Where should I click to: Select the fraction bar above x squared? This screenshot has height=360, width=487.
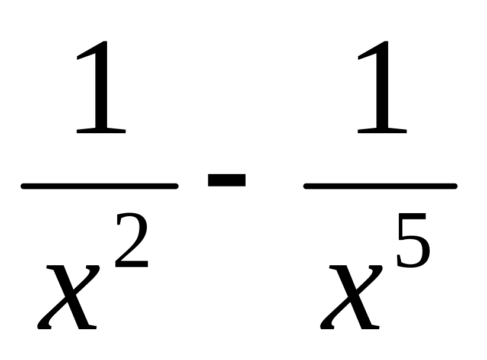pos(99,186)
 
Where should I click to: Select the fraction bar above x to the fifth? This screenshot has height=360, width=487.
pos(380,186)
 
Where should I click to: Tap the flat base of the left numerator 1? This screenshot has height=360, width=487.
pos(101,128)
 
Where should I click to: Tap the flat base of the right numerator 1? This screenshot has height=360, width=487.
pos(382,128)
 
